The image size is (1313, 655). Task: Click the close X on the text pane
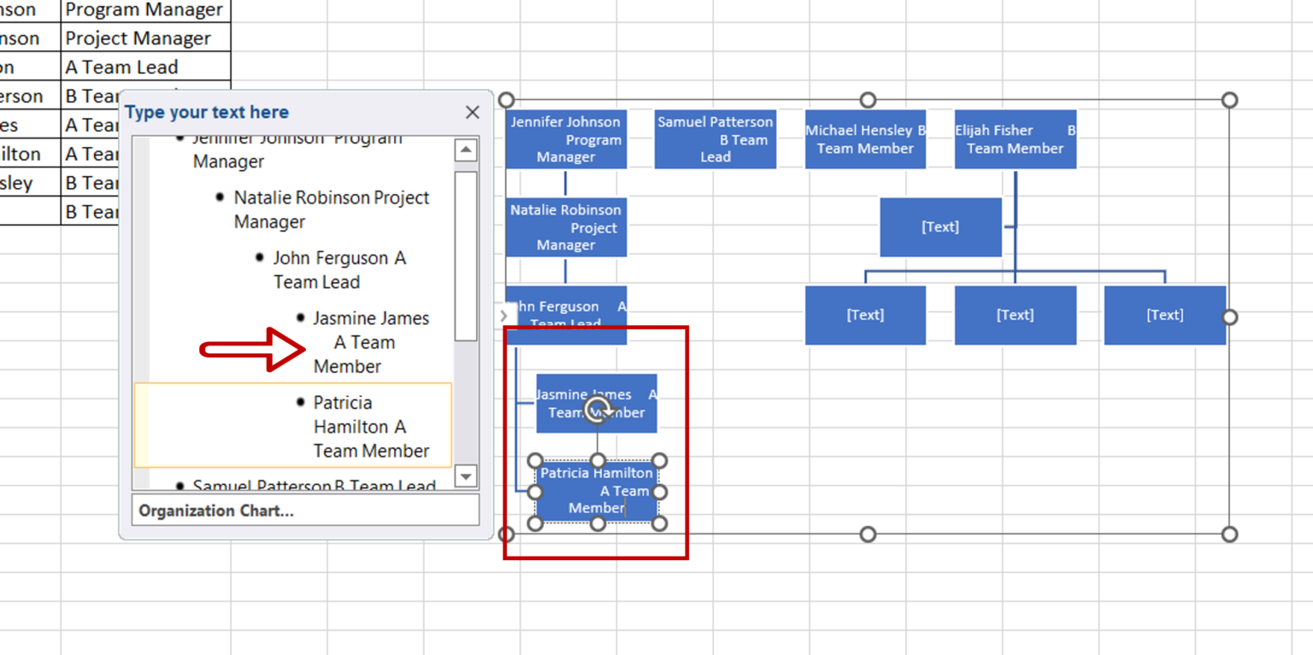point(472,112)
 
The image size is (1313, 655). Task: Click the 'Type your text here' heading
point(207,112)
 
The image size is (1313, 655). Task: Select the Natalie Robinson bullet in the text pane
point(331,209)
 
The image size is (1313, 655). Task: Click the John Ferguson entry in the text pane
point(339,269)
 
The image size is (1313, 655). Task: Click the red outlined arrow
point(253,349)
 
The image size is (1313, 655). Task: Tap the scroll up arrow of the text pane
point(466,150)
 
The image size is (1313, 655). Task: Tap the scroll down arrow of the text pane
point(466,476)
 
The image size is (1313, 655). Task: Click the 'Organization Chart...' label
point(216,510)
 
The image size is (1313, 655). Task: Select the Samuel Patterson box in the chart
point(715,139)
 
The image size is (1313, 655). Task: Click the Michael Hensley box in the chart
point(865,139)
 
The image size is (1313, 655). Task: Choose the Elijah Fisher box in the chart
point(1015,139)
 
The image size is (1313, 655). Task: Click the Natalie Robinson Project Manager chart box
point(566,227)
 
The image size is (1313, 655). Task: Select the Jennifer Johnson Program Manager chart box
point(566,139)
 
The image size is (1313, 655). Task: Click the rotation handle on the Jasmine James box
point(598,410)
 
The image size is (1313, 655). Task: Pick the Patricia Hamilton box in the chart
point(597,492)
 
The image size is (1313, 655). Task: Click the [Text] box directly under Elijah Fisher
point(940,227)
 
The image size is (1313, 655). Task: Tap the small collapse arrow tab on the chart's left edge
point(503,316)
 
